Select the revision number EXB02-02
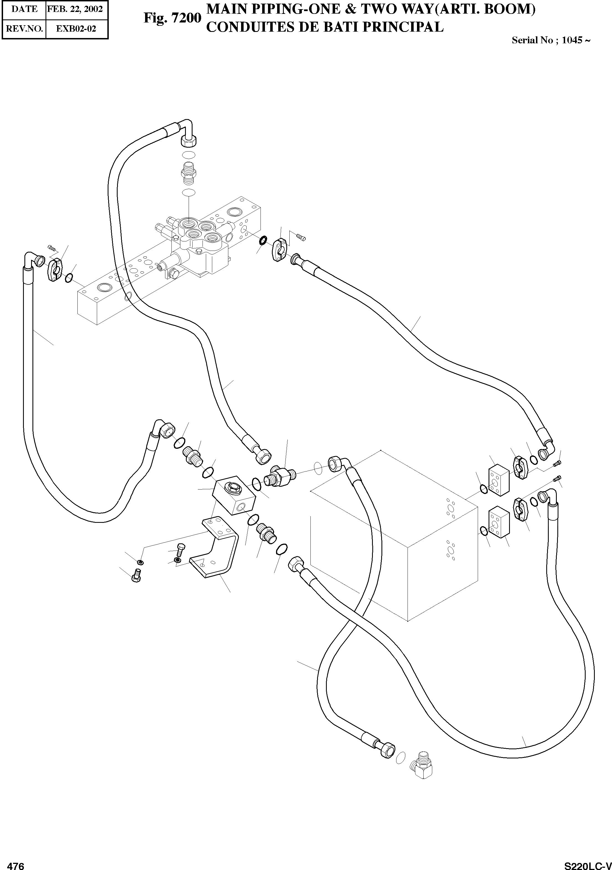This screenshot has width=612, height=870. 76,29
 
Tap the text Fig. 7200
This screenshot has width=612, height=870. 172,17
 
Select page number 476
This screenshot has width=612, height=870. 16,864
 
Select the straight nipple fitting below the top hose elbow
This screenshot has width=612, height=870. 189,172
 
